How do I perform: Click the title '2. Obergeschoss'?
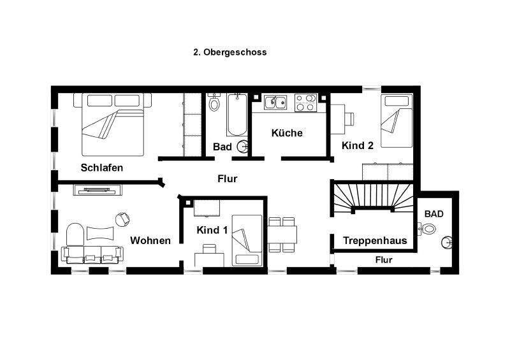229,53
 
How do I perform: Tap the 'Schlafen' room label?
102,168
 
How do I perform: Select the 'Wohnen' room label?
150,240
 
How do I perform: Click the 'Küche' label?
287,133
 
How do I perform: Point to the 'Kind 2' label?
358,145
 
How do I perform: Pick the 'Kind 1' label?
212,229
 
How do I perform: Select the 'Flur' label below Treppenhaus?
384,260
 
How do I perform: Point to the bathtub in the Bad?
237,115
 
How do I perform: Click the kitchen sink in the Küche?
275,101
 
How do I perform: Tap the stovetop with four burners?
306,101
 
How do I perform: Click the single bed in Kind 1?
247,240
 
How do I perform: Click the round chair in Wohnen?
122,219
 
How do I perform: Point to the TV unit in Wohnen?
97,189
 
